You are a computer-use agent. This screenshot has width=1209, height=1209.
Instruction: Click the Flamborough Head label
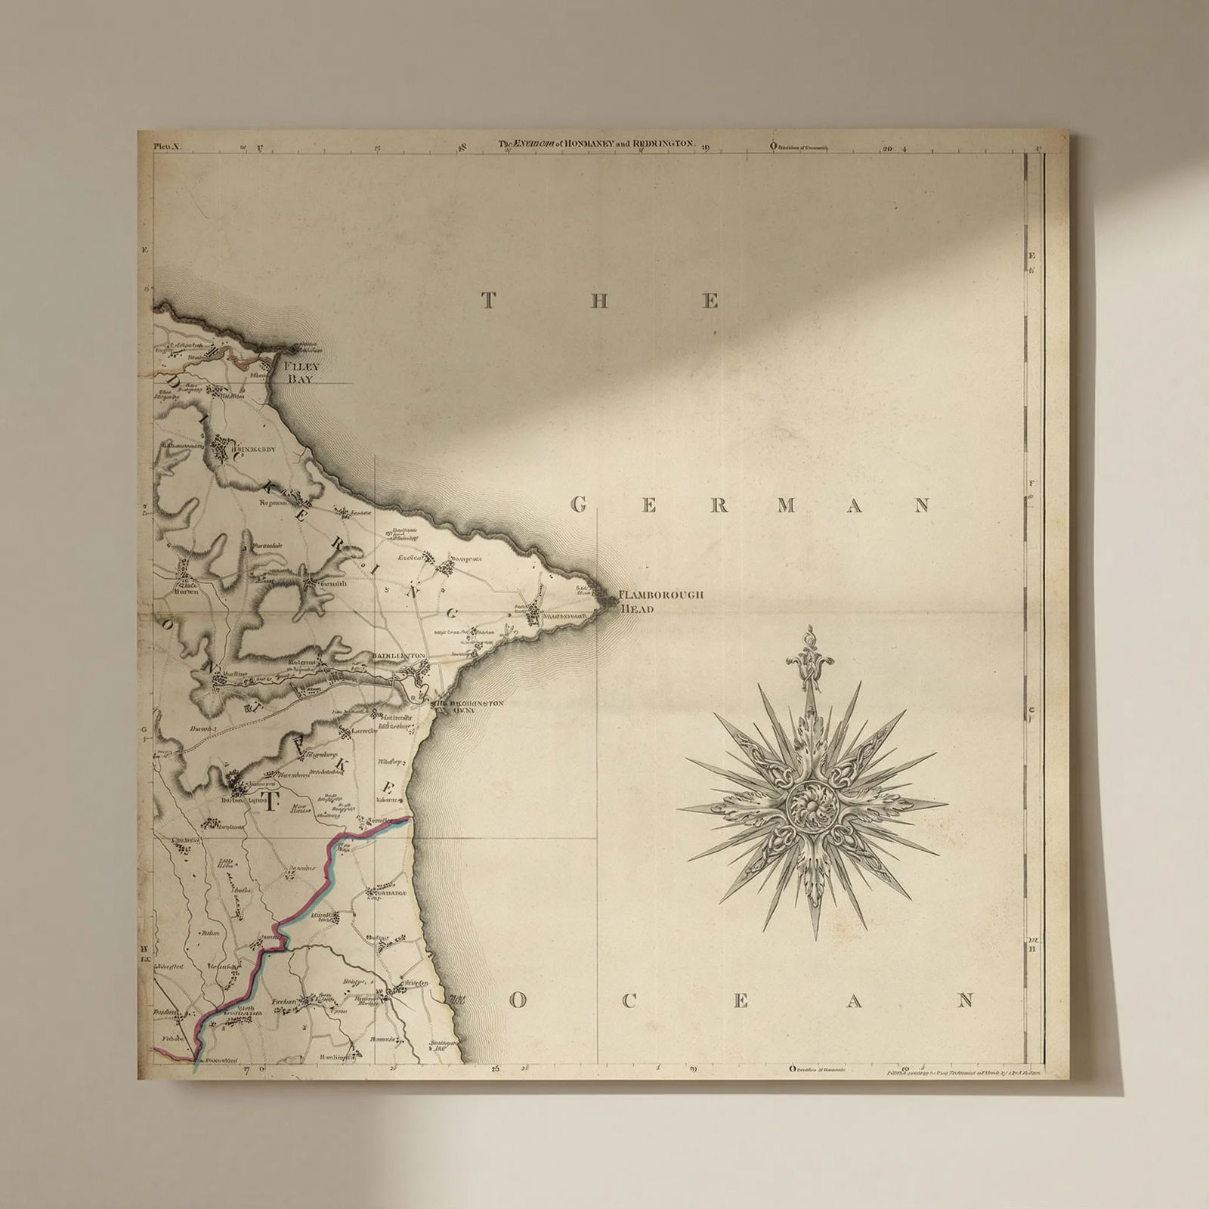pyautogui.click(x=660, y=601)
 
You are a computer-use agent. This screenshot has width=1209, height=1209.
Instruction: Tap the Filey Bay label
pyautogui.click(x=299, y=372)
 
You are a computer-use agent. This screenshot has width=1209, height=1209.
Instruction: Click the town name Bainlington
pyautogui.click(x=399, y=657)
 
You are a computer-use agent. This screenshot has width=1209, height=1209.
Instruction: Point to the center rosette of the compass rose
pyautogui.click(x=812, y=807)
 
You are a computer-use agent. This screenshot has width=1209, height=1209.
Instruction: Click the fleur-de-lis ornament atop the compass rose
pyautogui.click(x=809, y=659)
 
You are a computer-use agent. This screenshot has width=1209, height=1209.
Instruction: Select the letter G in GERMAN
pyautogui.click(x=579, y=505)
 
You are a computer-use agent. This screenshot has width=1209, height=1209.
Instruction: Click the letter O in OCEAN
pyautogui.click(x=517, y=1001)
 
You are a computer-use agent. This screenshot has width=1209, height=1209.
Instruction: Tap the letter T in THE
pyautogui.click(x=488, y=301)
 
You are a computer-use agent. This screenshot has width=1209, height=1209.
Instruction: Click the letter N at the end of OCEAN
pyautogui.click(x=965, y=1001)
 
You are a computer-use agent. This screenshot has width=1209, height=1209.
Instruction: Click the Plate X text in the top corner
pyautogui.click(x=164, y=147)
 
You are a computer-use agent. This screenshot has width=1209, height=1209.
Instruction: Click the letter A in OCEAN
pyautogui.click(x=854, y=1001)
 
